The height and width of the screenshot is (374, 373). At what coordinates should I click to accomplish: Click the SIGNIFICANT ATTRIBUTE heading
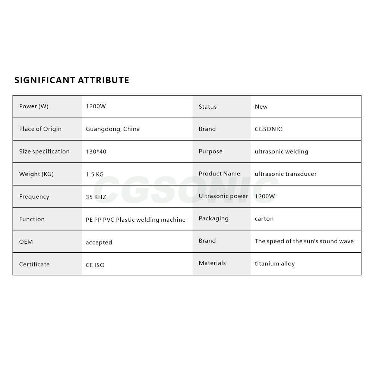(72, 80)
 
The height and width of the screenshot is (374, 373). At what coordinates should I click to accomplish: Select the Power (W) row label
(34, 106)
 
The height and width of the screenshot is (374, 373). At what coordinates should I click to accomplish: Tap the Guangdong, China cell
(113, 129)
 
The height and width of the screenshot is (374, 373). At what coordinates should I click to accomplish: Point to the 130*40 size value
(96, 152)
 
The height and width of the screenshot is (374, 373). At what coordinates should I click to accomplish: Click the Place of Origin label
(40, 129)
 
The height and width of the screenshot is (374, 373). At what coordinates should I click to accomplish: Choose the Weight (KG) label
(37, 174)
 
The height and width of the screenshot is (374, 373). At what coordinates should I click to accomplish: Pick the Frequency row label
(34, 197)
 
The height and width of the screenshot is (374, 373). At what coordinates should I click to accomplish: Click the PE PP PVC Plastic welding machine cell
(136, 220)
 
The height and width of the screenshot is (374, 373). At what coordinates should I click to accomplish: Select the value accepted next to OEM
(99, 243)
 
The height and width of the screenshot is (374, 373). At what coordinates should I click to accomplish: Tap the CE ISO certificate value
(95, 265)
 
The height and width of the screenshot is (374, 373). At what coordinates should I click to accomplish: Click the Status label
(208, 107)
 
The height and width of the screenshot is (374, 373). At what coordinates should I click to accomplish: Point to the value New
(261, 107)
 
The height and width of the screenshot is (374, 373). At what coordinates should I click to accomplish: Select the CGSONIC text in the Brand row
(268, 129)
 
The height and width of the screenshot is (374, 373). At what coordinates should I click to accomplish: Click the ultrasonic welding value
(281, 152)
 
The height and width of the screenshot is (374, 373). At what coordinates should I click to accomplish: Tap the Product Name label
(219, 174)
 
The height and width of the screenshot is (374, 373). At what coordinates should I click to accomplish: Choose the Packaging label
(214, 218)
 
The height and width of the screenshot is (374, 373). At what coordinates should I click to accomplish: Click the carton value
(264, 219)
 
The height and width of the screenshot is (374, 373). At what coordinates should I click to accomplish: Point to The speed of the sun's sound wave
(304, 241)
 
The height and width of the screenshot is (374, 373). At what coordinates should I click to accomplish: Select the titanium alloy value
(275, 264)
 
